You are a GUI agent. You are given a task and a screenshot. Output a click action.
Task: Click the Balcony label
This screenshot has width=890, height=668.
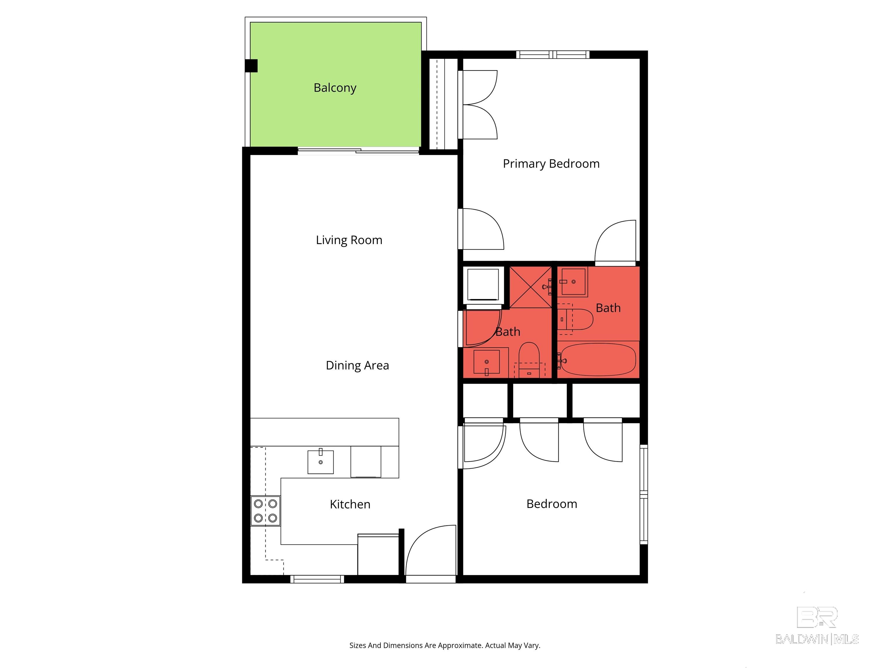pyautogui.click(x=335, y=88)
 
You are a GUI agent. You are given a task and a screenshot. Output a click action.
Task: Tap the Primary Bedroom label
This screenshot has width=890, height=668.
pyautogui.click(x=551, y=164)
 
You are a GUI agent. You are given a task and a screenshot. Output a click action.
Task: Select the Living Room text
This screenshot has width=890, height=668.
pyautogui.click(x=349, y=240)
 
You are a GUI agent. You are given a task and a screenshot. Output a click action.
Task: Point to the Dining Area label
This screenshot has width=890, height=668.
pyautogui.click(x=357, y=365)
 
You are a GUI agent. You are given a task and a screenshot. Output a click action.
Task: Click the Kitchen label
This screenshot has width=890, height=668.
pyautogui.click(x=350, y=504)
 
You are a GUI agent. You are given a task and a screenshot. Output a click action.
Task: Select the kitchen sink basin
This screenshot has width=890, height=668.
pyautogui.click(x=320, y=462)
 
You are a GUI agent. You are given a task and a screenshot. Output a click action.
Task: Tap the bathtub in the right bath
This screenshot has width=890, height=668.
pyautogui.click(x=598, y=360)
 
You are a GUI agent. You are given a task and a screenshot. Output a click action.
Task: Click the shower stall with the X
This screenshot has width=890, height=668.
pyautogui.click(x=530, y=287)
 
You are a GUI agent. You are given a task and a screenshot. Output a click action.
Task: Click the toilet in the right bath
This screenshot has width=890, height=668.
pyautogui.click(x=577, y=319)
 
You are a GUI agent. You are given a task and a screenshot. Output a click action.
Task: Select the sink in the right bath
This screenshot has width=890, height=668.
pyautogui.click(x=573, y=282)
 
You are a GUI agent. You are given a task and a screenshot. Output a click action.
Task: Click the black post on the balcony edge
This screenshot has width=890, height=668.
pyautogui.click(x=251, y=66)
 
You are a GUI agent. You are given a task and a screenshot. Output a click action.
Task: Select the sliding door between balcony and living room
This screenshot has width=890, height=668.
pyautogui.click(x=358, y=151)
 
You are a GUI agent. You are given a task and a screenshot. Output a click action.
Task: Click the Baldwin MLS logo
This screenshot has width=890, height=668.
pyautogui.click(x=817, y=626)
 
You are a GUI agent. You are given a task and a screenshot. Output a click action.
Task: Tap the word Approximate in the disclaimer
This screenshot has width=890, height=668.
pyautogui.click(x=460, y=645)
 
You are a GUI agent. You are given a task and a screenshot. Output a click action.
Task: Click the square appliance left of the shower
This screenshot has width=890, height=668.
pyautogui.click(x=483, y=285)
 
